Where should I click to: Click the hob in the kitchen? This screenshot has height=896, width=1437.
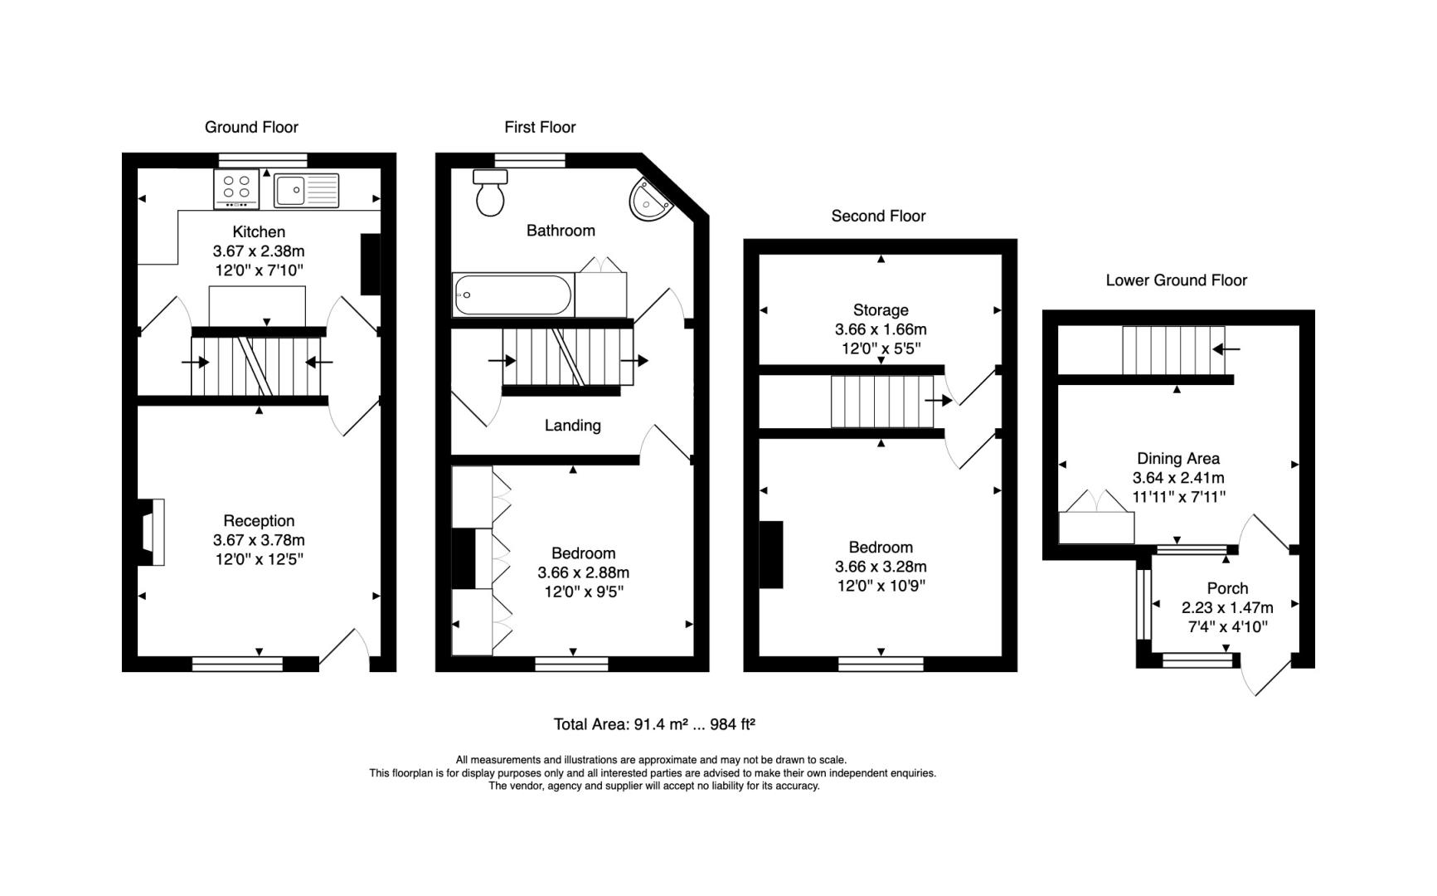click(x=237, y=189)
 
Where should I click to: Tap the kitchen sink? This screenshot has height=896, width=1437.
click(x=307, y=190)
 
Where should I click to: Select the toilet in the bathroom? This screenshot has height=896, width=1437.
click(x=490, y=192)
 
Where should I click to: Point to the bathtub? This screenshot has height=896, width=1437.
click(x=513, y=295)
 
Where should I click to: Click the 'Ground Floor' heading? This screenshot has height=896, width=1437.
click(x=251, y=127)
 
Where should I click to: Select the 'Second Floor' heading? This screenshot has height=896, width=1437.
click(x=878, y=216)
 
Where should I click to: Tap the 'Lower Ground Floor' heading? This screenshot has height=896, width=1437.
click(x=1176, y=280)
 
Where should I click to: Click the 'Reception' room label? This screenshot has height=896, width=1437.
click(x=259, y=521)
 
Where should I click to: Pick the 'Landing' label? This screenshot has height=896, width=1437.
click(x=572, y=426)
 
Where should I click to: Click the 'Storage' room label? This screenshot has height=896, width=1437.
click(x=881, y=310)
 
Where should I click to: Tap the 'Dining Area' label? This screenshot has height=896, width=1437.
click(x=1177, y=458)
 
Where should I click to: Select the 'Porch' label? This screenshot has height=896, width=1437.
click(x=1227, y=588)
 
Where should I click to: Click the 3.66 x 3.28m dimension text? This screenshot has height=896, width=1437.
click(x=881, y=567)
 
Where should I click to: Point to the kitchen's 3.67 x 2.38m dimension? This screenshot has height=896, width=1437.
click(x=259, y=251)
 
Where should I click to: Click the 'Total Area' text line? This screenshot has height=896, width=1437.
click(x=654, y=724)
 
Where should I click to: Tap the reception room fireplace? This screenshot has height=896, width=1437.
click(x=150, y=532)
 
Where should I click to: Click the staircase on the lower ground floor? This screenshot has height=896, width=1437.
click(x=1173, y=350)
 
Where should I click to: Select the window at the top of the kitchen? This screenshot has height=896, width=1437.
click(x=263, y=160)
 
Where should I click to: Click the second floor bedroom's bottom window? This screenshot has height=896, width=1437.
click(x=881, y=664)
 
